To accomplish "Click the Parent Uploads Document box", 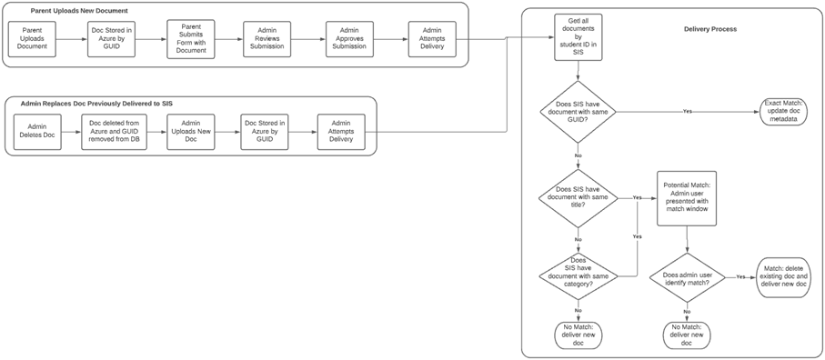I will pos(33,40).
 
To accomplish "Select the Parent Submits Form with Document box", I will pos(191,40).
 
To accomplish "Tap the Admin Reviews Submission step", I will pos(267,40).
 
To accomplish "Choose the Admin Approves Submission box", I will pos(350,40).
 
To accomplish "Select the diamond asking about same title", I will pos(579,197).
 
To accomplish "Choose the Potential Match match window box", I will pos(686,197).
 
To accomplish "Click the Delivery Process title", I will pos(709,29).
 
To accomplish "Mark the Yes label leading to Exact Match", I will pos(687,111).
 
